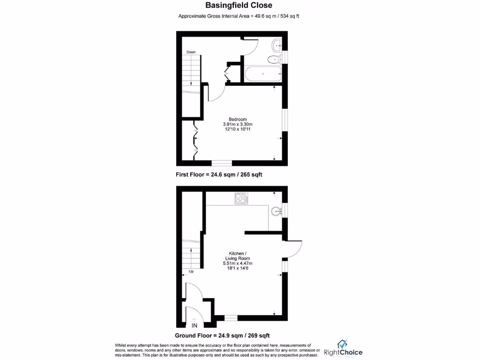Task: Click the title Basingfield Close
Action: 239,6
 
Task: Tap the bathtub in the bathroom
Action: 262,74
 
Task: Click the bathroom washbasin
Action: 277,45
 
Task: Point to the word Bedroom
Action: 238,119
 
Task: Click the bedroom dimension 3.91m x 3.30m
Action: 238,124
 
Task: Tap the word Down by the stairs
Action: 191,52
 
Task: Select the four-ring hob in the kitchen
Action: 241,199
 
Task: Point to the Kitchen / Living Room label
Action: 237,256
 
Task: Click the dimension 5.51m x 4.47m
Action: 237,263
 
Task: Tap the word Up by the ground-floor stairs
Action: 191,271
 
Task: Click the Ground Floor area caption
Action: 222,336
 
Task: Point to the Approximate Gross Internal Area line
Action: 239,16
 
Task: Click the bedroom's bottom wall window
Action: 222,163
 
